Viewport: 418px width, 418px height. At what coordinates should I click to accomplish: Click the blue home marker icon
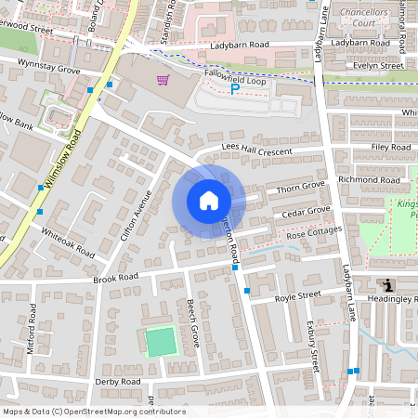[208, 200]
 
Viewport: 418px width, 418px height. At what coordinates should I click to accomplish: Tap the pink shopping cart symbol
[163, 81]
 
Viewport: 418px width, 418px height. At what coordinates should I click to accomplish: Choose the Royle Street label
[297, 297]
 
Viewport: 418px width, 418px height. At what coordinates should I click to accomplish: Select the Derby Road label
[117, 382]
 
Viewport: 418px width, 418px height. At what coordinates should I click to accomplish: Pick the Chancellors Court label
[369, 18]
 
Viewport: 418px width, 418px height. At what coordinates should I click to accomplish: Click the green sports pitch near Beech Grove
[161, 342]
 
